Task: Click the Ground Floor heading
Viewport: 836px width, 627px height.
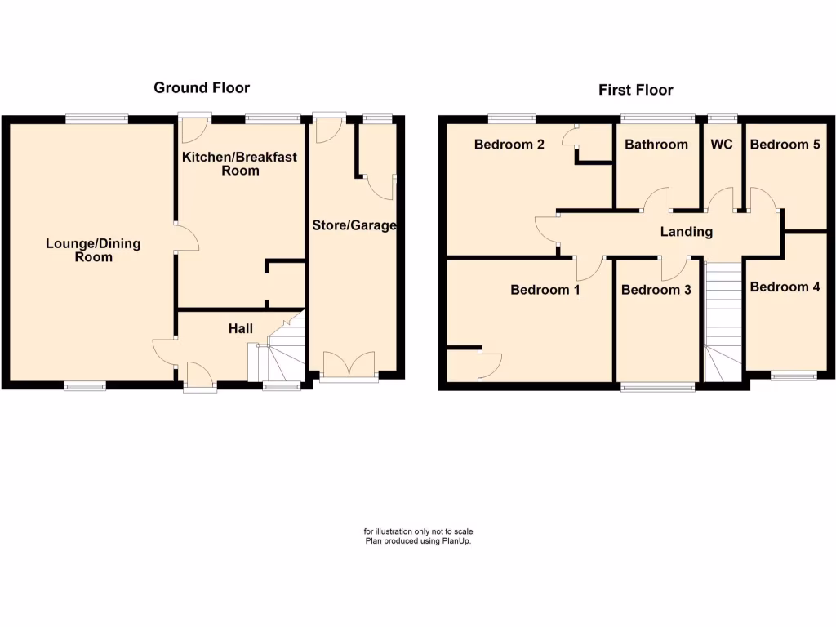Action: click(202, 87)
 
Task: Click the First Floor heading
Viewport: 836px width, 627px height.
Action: click(636, 90)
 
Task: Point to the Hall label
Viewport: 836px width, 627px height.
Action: click(240, 328)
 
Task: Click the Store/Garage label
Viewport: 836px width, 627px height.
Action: click(354, 225)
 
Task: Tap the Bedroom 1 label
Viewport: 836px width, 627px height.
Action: click(545, 290)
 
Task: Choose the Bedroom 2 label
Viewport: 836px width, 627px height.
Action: click(509, 145)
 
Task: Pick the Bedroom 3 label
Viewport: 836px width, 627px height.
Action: click(656, 290)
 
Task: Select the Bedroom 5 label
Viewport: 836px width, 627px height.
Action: click(785, 145)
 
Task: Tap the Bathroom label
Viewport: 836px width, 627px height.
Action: click(656, 145)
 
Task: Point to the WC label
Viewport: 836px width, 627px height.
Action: click(722, 145)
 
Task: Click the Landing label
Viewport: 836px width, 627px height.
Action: click(686, 232)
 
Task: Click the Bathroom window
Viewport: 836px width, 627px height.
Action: click(657, 118)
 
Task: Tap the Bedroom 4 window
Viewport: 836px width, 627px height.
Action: click(794, 376)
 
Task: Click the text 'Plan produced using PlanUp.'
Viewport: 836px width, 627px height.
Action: click(418, 541)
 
